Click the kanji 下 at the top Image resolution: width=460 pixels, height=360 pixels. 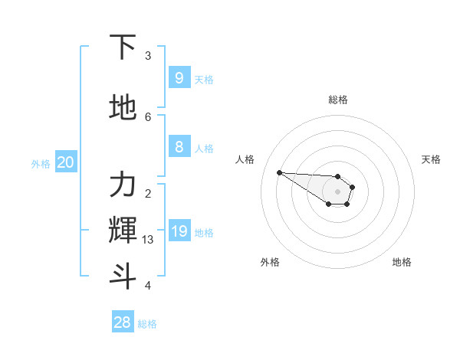[x=123, y=47]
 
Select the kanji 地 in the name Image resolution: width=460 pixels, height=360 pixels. [x=123, y=107]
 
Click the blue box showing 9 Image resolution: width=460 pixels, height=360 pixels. [x=179, y=77]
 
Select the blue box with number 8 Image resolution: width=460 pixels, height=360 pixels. [x=179, y=147]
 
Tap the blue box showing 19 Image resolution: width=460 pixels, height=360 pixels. [x=179, y=231]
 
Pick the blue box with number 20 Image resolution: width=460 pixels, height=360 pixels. [x=65, y=162]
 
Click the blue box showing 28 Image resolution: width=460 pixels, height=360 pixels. [x=123, y=322]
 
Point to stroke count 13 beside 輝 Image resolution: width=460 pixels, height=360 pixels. [x=148, y=240]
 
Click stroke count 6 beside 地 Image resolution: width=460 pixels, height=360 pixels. [x=148, y=116]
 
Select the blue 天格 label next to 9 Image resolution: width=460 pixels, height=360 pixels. [x=204, y=79]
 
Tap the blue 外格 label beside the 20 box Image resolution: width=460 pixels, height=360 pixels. [x=41, y=163]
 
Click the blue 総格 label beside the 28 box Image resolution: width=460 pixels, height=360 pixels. [x=147, y=324]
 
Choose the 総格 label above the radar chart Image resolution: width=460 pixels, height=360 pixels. [x=338, y=100]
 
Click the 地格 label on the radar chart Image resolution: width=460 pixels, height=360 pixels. [x=402, y=262]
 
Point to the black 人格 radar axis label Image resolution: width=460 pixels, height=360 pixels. [x=245, y=159]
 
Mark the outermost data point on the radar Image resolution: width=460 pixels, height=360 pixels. [x=279, y=172]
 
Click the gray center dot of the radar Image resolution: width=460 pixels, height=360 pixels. [x=337, y=191]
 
